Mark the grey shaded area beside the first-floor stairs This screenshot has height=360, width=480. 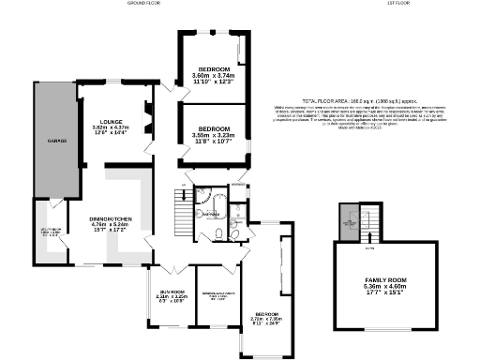[349, 222]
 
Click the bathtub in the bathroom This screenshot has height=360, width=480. [205, 200]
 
